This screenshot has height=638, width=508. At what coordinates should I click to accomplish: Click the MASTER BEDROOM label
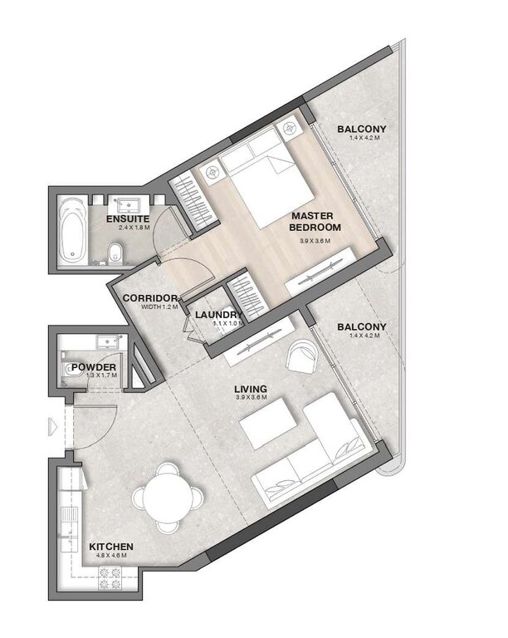[313, 222]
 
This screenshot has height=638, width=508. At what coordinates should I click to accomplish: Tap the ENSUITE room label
[127, 218]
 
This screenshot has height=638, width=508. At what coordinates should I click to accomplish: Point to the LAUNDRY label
[218, 315]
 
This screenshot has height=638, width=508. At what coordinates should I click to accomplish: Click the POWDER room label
[92, 366]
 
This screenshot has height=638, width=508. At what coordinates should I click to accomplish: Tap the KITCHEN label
[112, 547]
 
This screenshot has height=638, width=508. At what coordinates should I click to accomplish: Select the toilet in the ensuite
[118, 251]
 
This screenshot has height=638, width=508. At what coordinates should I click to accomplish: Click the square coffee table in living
[264, 430]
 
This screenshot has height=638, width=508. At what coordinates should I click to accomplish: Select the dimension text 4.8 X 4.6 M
[112, 558]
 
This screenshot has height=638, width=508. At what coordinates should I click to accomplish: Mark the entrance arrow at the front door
[53, 426]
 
